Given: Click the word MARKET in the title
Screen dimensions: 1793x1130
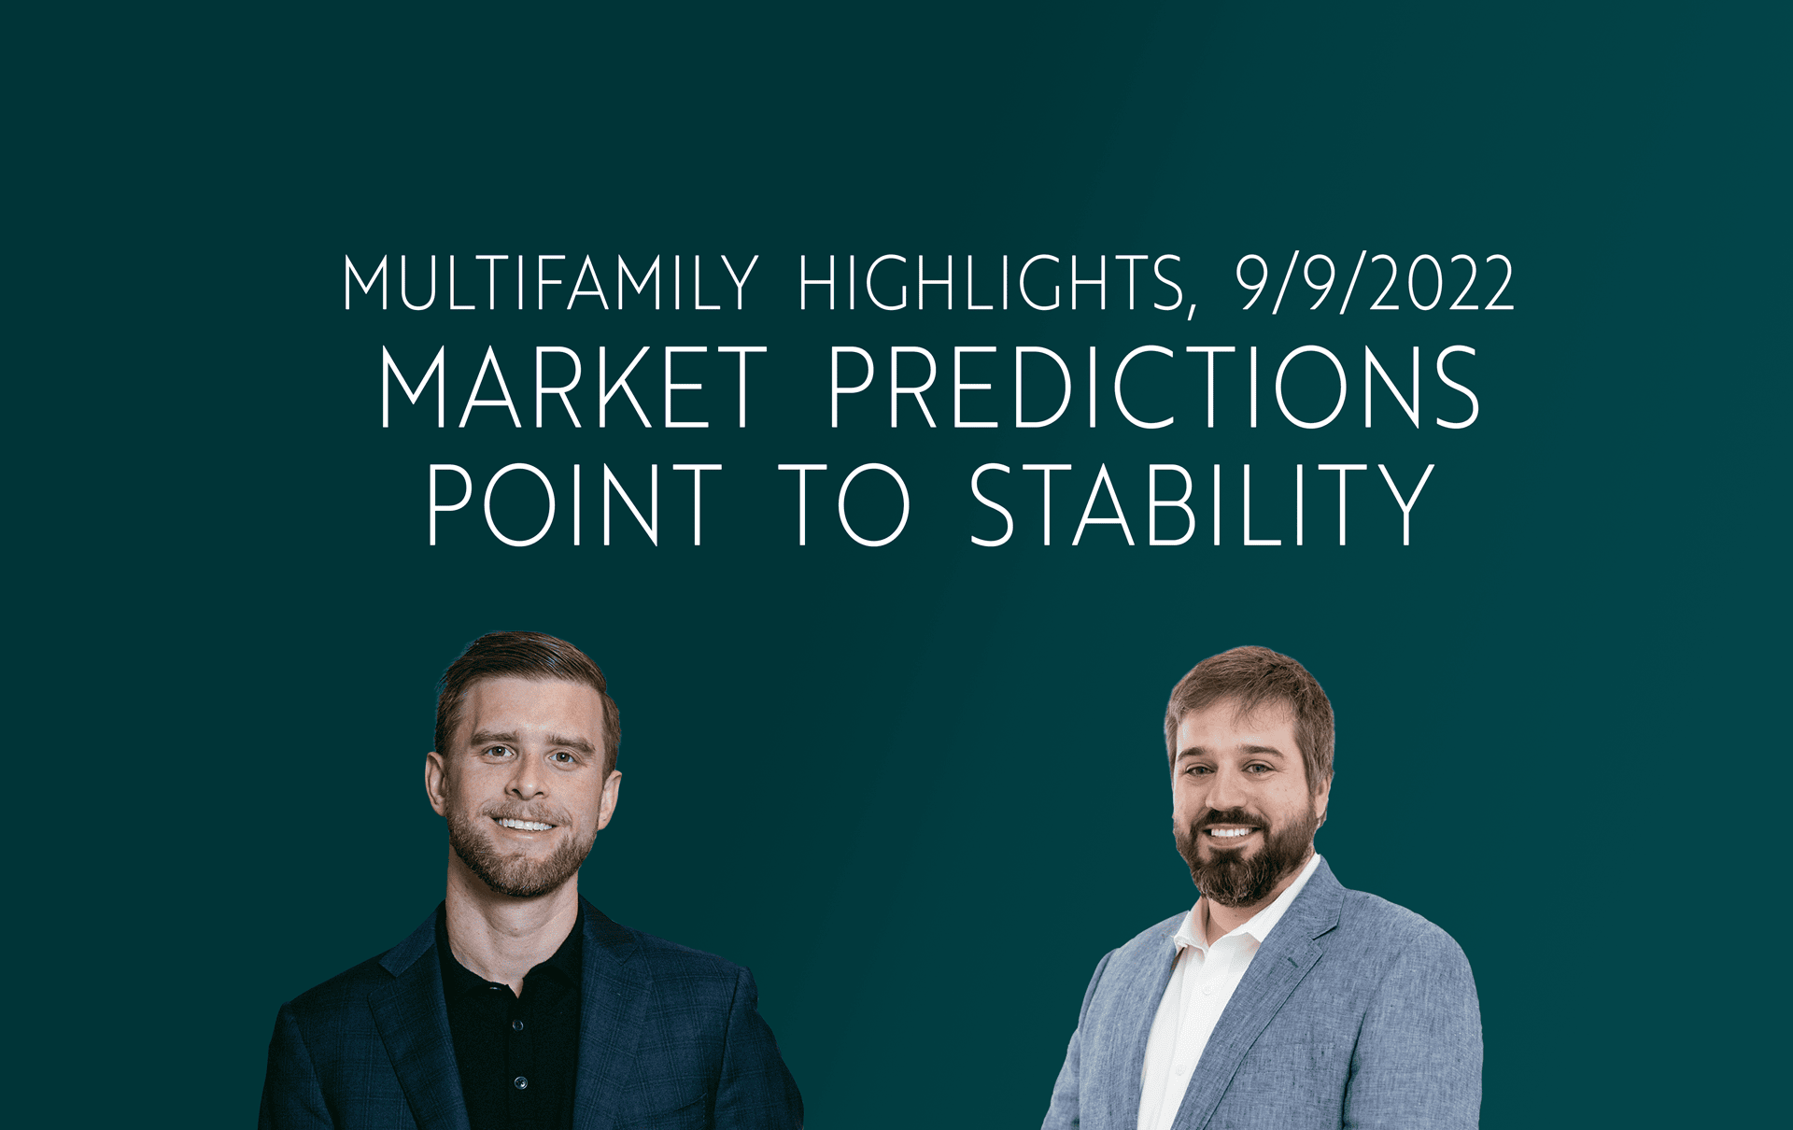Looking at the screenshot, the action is pyautogui.click(x=572, y=387).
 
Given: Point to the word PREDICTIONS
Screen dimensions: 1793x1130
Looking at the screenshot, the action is pyautogui.click(x=1154, y=387).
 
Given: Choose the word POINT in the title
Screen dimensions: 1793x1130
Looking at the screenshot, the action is pyautogui.click(x=574, y=504).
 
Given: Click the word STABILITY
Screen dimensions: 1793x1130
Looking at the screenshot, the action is pyautogui.click(x=1202, y=504).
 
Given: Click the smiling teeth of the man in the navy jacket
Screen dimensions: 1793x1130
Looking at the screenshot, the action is pyautogui.click(x=524, y=825).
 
